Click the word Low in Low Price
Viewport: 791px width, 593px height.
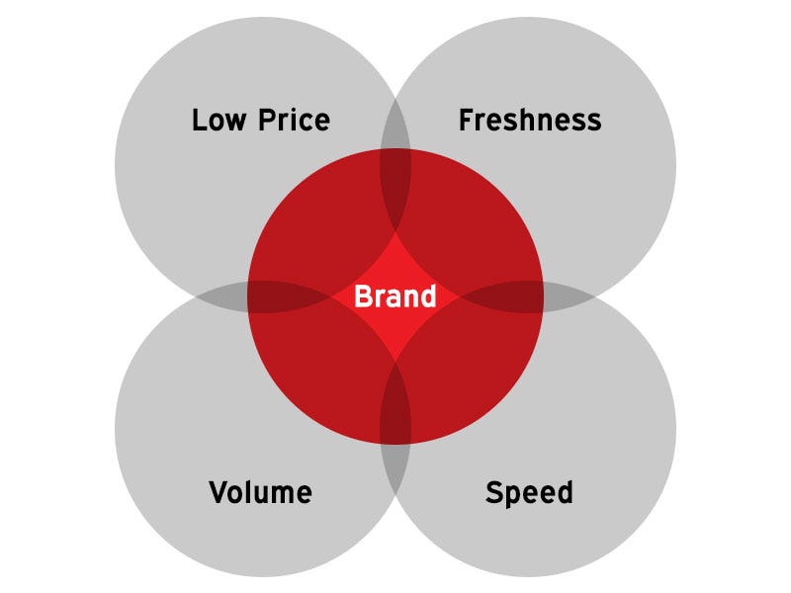tap(219, 120)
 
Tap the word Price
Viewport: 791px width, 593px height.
tap(294, 120)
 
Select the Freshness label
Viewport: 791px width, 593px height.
tap(530, 120)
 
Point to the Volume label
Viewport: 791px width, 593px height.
tap(260, 492)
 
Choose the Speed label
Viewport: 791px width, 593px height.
tap(529, 493)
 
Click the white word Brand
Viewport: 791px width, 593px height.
tap(395, 296)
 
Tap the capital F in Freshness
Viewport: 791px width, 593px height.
tap(466, 120)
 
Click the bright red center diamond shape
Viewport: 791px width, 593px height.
tap(395, 296)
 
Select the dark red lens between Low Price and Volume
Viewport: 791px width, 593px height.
tap(289, 296)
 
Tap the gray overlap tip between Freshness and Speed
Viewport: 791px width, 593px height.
tap(568, 296)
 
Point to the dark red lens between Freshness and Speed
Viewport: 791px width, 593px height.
tap(502, 296)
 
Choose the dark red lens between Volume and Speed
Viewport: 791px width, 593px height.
tap(395, 402)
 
